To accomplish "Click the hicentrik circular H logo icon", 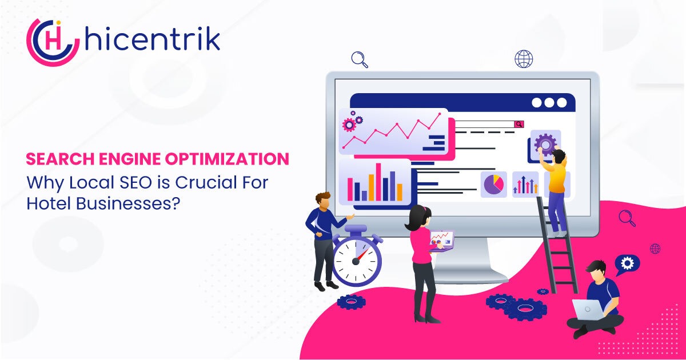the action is [x=53, y=42].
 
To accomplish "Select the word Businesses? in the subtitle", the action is [x=127, y=203].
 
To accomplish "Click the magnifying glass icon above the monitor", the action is [x=360, y=59].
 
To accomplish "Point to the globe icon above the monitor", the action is [x=524, y=59].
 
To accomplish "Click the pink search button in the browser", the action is [x=519, y=124].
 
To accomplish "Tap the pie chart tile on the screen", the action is [x=494, y=184].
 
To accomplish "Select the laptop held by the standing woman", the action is [x=441, y=241].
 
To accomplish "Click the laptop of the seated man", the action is [x=588, y=310].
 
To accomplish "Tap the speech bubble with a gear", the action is [x=627, y=265].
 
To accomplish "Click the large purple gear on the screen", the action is [x=545, y=144].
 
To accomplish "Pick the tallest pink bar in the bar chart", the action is [x=378, y=182].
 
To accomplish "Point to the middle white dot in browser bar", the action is [x=549, y=102].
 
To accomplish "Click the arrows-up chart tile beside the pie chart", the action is [x=525, y=184].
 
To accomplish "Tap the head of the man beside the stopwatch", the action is [x=323, y=200].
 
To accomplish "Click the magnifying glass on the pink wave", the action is [x=627, y=218].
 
